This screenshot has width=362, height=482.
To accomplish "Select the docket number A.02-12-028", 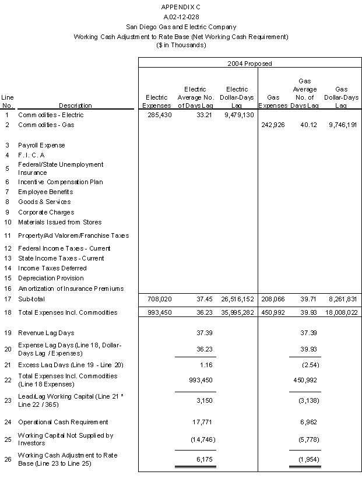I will (x=181, y=16).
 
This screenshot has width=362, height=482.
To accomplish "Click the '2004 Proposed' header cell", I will (x=249, y=63).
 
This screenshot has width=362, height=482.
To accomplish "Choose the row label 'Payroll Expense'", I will (x=41, y=145).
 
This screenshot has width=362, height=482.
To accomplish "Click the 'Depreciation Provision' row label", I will (x=51, y=278).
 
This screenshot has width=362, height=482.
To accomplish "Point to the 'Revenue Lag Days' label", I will (x=46, y=333).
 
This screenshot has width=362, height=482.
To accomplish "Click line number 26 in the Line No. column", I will (x=8, y=459).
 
